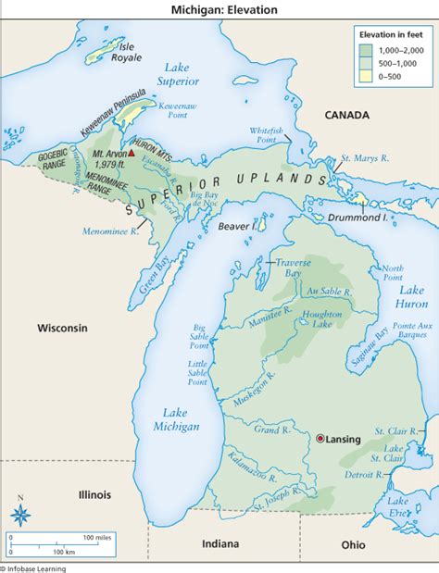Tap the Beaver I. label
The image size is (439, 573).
point(235,226)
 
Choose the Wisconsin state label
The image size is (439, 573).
point(62,329)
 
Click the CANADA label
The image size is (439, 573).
point(346,115)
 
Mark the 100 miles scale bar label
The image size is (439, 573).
point(96,536)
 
